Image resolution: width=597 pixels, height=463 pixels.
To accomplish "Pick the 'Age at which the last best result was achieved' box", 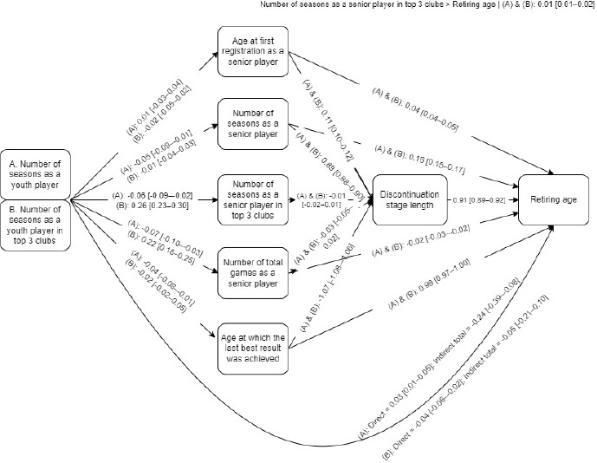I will (251, 349).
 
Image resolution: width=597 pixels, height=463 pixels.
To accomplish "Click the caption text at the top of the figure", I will (427, 5).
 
